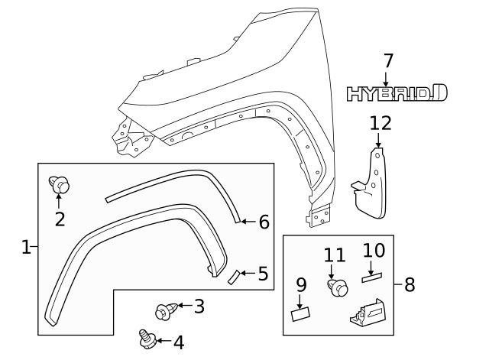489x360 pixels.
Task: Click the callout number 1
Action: (26, 247)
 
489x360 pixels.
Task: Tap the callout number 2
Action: (60, 219)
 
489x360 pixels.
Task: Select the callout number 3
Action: (199, 306)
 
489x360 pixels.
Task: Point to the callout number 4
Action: (178, 342)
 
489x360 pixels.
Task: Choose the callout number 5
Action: (263, 273)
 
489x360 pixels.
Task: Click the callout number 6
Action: (264, 222)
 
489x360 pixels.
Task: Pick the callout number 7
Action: (387, 60)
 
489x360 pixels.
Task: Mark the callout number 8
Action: (409, 285)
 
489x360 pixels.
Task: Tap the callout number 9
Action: (301, 285)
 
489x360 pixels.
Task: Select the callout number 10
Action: (374, 250)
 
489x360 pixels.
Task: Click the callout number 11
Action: (334, 256)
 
